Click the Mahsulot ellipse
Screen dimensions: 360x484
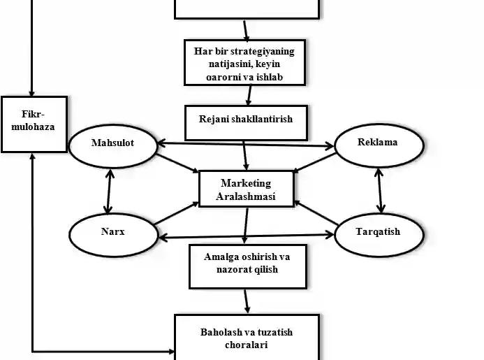point(112,143)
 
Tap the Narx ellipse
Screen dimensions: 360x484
point(112,231)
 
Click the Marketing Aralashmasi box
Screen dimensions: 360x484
point(247,189)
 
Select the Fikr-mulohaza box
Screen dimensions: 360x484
point(34,124)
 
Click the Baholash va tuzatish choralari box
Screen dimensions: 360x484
point(246,337)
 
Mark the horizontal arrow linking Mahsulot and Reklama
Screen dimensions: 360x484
point(246,145)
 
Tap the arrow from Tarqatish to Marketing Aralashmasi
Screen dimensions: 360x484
point(316,213)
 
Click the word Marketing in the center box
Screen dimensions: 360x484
point(246,183)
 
